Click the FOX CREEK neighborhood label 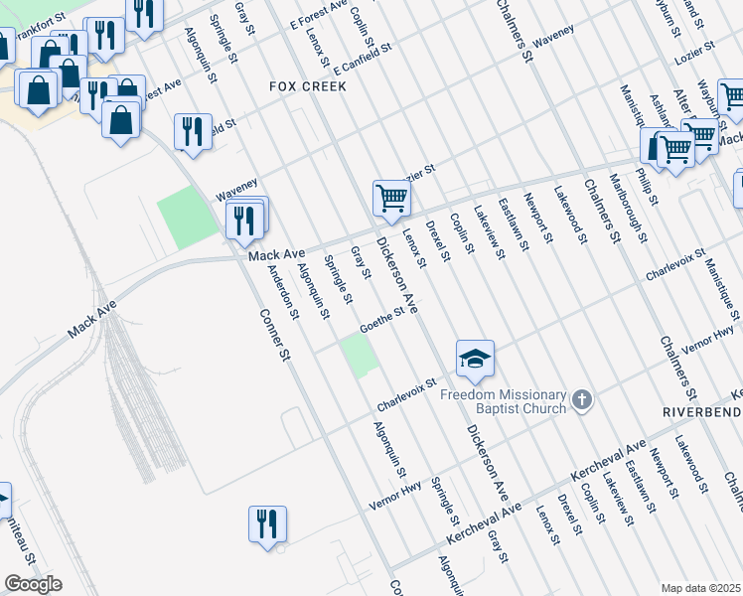308,86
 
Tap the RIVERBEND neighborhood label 701,410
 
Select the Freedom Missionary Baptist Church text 503,401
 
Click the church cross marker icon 582,401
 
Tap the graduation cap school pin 475,358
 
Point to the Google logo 33,584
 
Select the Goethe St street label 382,319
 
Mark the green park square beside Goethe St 360,356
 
